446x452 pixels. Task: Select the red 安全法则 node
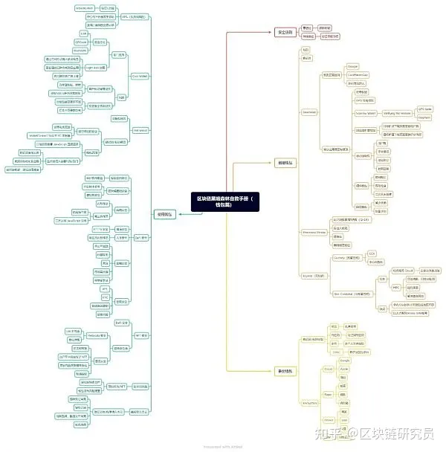[285, 32]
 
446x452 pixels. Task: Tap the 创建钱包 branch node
[285, 161]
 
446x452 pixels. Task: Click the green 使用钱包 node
[166, 214]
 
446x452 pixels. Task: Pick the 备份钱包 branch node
[285, 370]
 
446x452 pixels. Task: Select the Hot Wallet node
[140, 130]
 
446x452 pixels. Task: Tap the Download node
[309, 112]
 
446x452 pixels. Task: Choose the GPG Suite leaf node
[425, 109]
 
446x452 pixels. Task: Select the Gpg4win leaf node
[424, 117]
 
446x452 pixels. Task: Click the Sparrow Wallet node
[366, 113]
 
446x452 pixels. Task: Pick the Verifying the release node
[398, 113]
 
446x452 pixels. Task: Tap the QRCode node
[83, 42]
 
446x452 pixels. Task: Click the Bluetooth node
[81, 51]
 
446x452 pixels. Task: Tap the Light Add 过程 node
[95, 67]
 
